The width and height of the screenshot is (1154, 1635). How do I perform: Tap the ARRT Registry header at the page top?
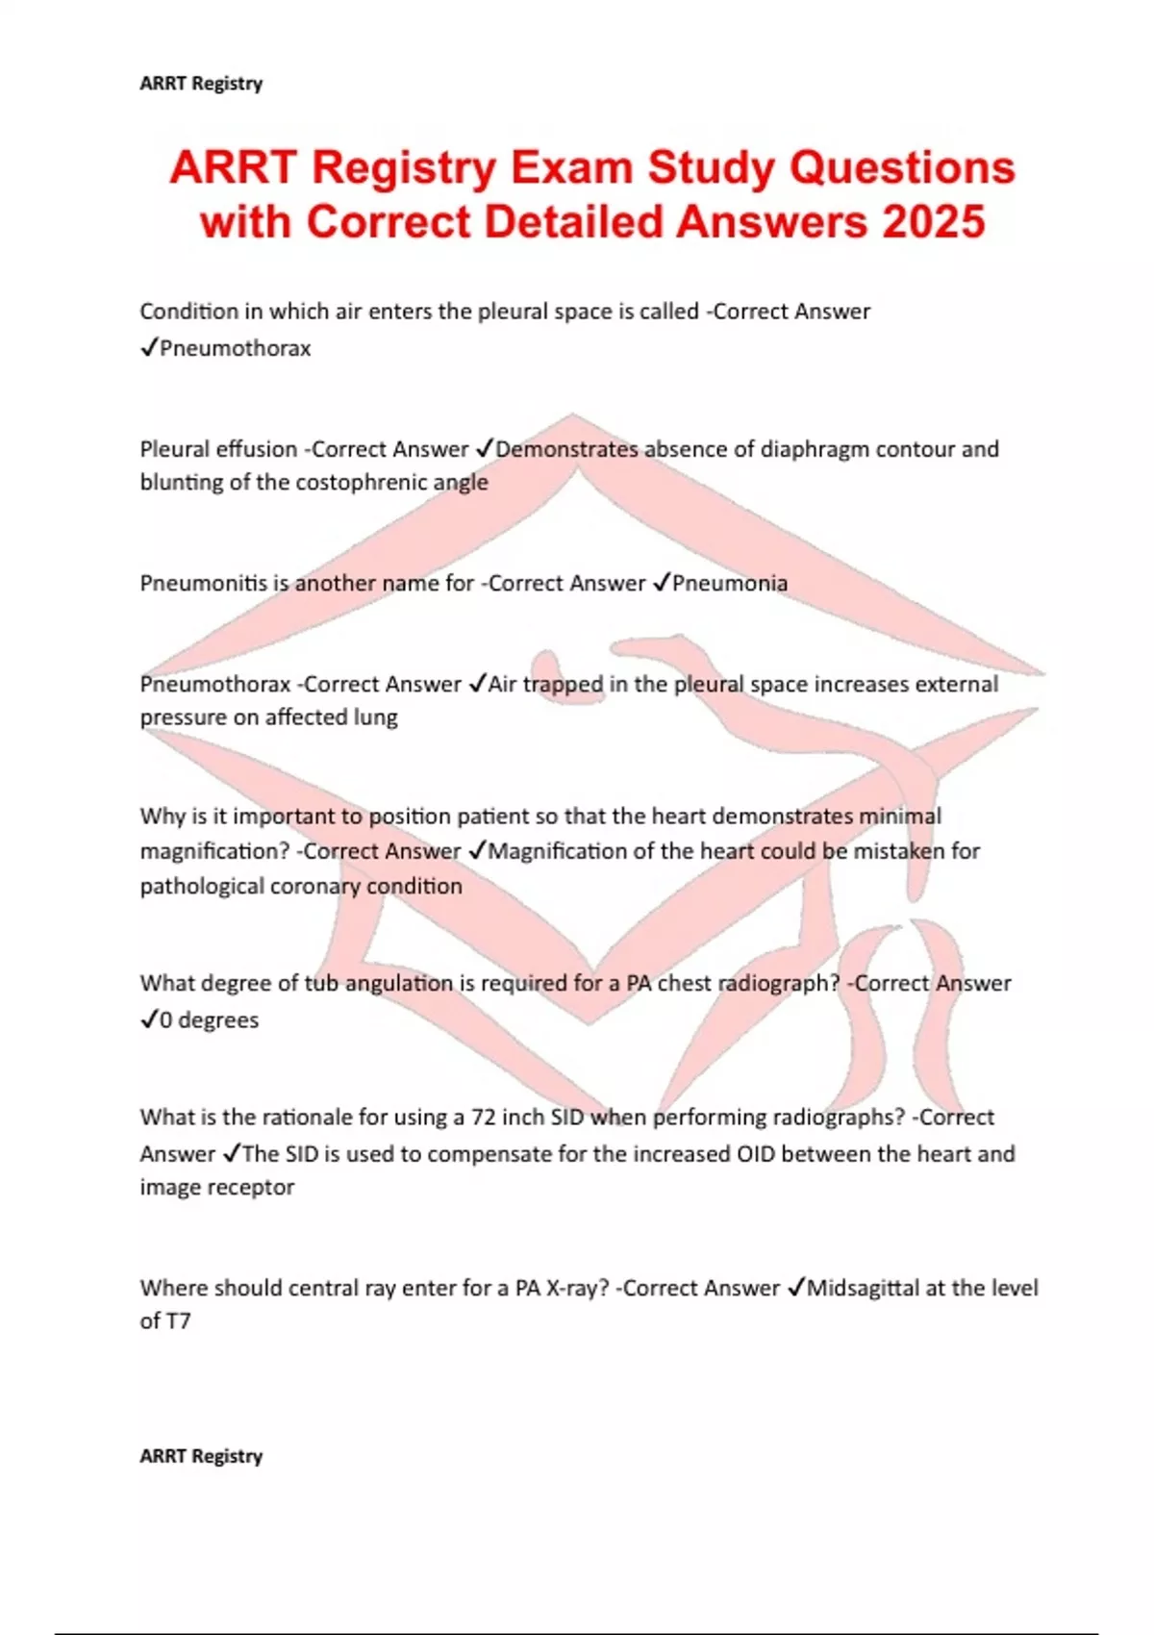(201, 84)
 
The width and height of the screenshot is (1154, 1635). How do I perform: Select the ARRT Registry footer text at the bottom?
(201, 1456)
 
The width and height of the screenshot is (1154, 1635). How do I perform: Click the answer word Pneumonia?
(730, 584)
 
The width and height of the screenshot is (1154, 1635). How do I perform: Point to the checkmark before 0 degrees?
(148, 1019)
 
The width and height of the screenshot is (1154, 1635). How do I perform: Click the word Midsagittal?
(863, 1288)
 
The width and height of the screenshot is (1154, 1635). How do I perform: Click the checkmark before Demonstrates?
(484, 449)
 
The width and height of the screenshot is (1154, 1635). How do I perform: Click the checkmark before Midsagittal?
(795, 1288)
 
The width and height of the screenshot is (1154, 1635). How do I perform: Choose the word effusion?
(260, 449)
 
